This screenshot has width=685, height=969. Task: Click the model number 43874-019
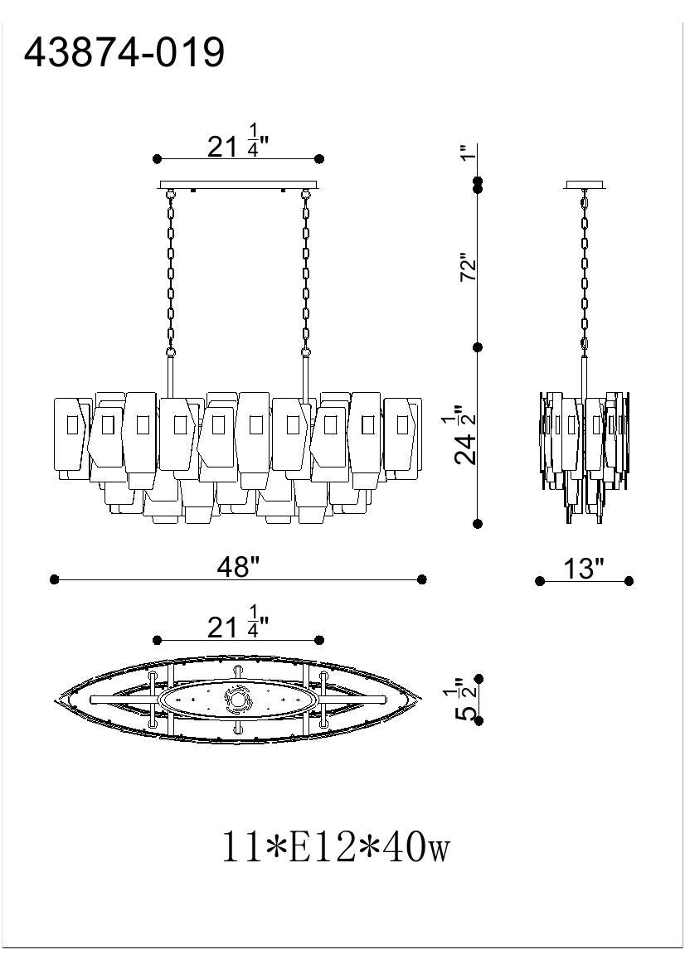tap(124, 53)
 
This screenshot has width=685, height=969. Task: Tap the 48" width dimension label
tap(238, 567)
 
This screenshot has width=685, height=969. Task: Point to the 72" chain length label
tap(470, 268)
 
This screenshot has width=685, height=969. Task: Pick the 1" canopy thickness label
tap(469, 153)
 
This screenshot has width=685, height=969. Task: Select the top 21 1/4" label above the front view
tap(237, 145)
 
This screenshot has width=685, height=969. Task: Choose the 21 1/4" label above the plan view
tap(237, 627)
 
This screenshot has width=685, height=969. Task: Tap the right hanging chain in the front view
tap(305, 269)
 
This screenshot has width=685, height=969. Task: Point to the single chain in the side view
tap(585, 269)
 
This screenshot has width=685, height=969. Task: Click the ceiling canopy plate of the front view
tap(238, 185)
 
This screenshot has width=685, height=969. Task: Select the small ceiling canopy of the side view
tap(585, 185)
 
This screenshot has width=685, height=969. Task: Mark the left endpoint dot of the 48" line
tap(55, 579)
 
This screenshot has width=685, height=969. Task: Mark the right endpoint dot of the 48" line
tap(422, 579)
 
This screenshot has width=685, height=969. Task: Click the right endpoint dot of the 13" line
tap(629, 581)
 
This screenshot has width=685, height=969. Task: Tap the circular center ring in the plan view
tap(239, 701)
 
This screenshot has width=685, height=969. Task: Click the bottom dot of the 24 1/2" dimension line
tap(478, 524)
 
